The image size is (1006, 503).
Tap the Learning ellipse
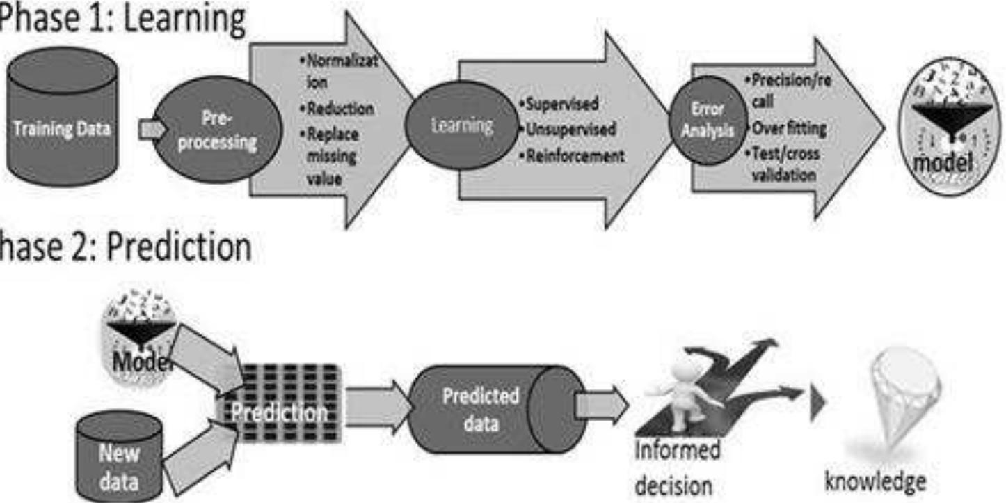(462, 125)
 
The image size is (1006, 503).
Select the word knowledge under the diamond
(875, 481)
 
